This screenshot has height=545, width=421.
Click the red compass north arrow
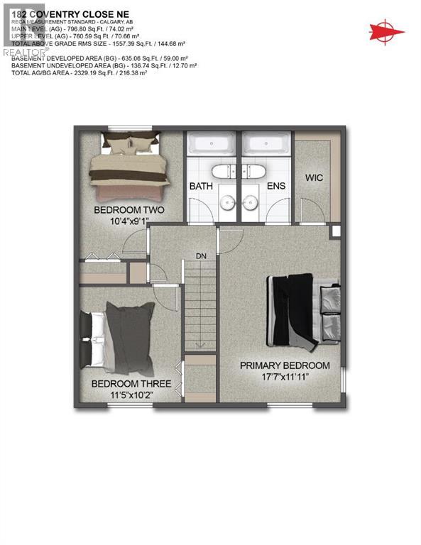click(386, 31)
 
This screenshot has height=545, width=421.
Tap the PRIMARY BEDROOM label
click(284, 365)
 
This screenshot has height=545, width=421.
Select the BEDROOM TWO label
click(129, 210)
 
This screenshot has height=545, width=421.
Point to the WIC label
click(314, 177)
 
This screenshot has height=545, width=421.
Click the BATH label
click(201, 186)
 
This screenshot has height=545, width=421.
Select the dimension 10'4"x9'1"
click(129, 221)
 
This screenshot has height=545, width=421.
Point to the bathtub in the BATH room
click(212, 144)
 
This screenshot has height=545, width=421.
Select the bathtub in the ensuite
click(266, 144)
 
